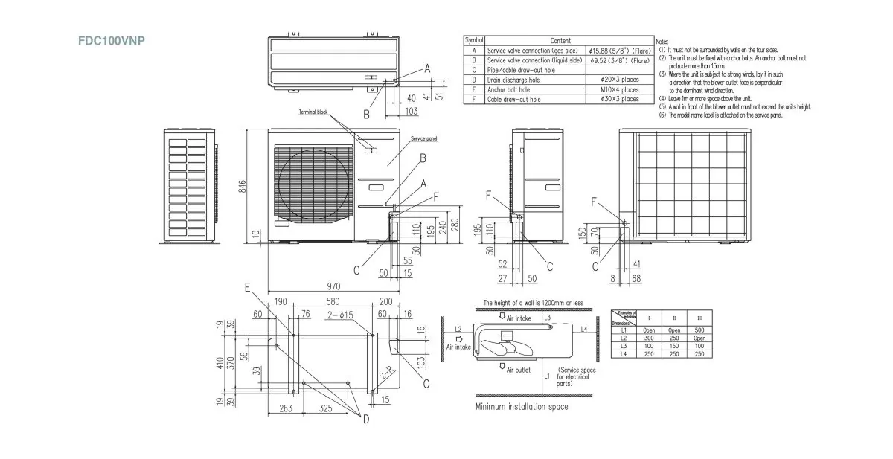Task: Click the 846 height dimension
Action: click(x=242, y=187)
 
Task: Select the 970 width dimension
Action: click(x=333, y=286)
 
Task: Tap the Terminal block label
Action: click(x=313, y=112)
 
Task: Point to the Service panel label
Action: click(x=424, y=139)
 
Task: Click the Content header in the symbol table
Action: click(x=560, y=40)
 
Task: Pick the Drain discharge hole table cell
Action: click(x=515, y=79)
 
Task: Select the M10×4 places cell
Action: click(x=619, y=89)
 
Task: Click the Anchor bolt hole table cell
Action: click(x=509, y=89)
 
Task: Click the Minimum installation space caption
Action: click(x=522, y=407)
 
